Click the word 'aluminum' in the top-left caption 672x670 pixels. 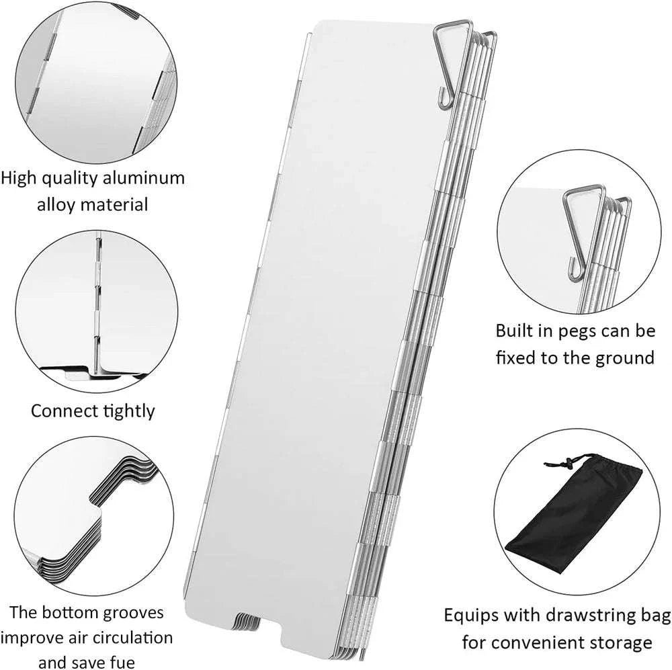[142, 178]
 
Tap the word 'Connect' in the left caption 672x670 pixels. [62, 411]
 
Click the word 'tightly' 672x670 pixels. [129, 411]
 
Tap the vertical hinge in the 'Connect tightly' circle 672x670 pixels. [98, 302]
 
